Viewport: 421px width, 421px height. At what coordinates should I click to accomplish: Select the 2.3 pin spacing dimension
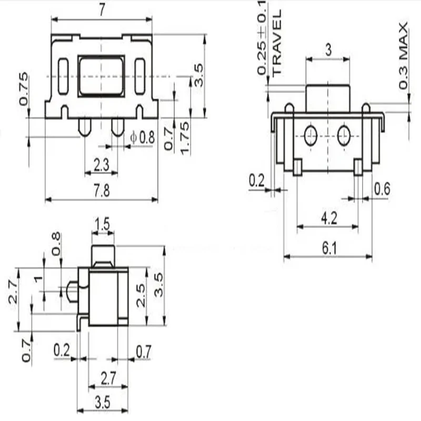[x=101, y=165]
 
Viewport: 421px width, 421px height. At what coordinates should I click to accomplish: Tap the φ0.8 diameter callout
[x=143, y=138]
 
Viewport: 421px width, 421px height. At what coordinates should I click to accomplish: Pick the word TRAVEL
[x=277, y=42]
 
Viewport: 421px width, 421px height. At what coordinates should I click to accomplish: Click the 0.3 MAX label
[x=404, y=56]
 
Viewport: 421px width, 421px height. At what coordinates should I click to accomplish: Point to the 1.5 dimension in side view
[x=103, y=225]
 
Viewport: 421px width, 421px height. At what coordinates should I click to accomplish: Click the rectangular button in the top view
[x=101, y=76]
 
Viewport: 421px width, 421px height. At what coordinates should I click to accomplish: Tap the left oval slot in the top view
[x=63, y=77]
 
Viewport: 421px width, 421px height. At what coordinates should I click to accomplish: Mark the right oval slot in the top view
[x=139, y=77]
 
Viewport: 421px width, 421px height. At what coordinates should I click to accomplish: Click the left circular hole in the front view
[x=310, y=135]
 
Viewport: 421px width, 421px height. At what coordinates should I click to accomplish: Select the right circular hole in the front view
[x=344, y=135]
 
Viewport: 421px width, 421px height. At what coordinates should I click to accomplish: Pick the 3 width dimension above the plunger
[x=328, y=51]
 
